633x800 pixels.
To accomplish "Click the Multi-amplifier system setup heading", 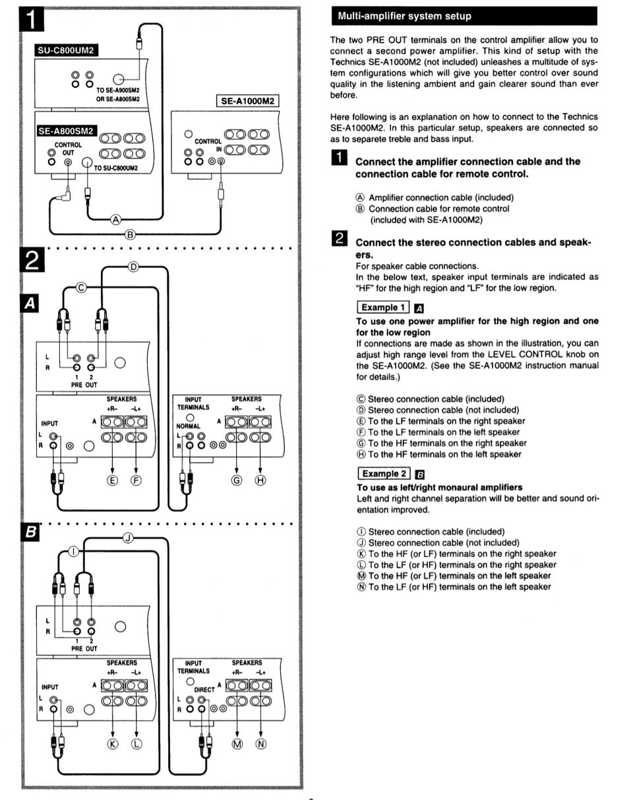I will (x=404, y=16).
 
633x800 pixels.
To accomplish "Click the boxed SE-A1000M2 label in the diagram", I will (x=247, y=101).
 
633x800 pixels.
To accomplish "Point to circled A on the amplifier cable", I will (x=116, y=219).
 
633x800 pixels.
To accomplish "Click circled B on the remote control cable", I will (x=130, y=234).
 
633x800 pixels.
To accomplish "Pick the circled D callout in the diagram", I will (x=133, y=267).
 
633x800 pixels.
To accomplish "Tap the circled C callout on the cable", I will (x=82, y=288).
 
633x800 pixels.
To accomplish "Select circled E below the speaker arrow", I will (x=113, y=480).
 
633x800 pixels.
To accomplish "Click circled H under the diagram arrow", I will (x=260, y=480).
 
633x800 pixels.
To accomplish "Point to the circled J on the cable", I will (x=129, y=538).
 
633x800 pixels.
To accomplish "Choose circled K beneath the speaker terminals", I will (x=113, y=745).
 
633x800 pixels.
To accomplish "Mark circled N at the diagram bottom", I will (x=261, y=745).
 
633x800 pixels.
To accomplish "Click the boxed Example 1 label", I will (x=382, y=308).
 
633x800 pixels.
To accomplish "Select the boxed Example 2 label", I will (x=382, y=474).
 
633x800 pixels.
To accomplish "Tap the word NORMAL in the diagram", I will (x=188, y=427).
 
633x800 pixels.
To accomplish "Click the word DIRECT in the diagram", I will (x=204, y=689).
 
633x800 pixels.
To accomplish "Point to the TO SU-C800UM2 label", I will (x=116, y=168).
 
